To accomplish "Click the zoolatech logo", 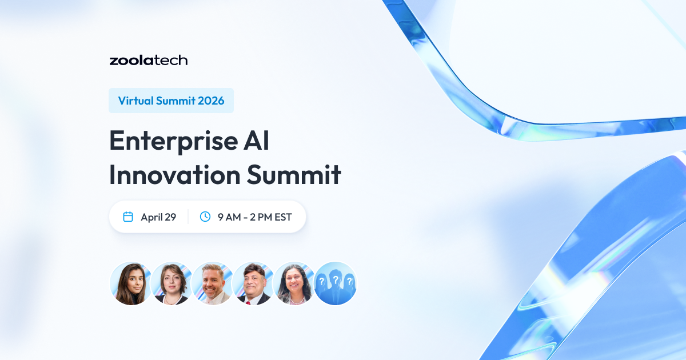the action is (x=149, y=61).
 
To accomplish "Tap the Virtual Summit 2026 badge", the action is (x=171, y=101).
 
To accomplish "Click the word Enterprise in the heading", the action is (x=174, y=141).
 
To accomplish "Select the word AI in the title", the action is (x=256, y=141).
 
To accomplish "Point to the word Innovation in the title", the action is (x=174, y=174).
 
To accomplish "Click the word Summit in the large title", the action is (x=294, y=174).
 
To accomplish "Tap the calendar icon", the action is (x=128, y=217).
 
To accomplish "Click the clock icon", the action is (x=205, y=217).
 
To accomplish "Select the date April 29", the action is (x=158, y=217).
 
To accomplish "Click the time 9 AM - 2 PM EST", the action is (x=255, y=217).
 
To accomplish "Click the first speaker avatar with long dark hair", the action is (x=131, y=283).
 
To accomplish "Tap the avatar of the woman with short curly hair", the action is (x=172, y=283).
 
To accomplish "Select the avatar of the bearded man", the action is (x=213, y=283).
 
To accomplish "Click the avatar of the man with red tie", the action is (x=254, y=283).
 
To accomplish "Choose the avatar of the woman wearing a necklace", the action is (x=294, y=283).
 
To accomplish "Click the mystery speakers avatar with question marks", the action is (x=336, y=283).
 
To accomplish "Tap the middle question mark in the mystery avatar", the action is (x=336, y=279).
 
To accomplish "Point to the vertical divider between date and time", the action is (x=188, y=217).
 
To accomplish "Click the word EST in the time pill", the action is (x=283, y=217).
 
